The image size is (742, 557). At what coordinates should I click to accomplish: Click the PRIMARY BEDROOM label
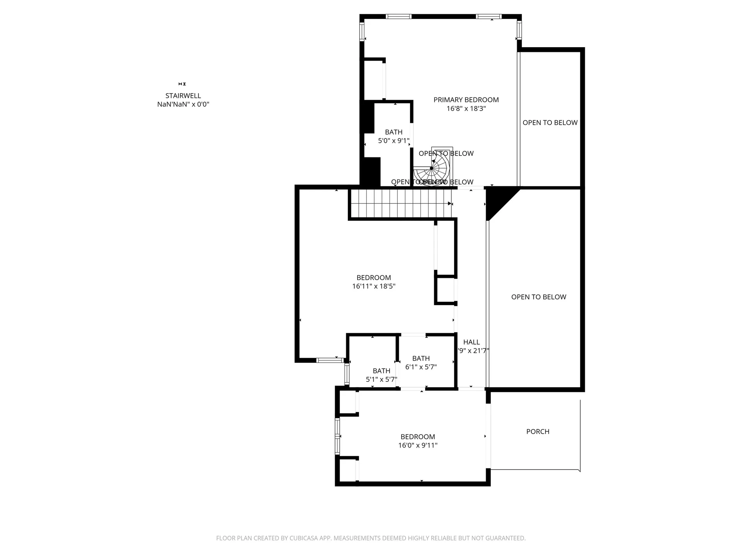point(466,100)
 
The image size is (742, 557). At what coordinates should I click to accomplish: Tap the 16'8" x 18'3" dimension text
point(466,109)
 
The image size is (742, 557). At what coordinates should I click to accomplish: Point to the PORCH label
point(538,431)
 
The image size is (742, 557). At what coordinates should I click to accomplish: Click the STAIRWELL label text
point(183,96)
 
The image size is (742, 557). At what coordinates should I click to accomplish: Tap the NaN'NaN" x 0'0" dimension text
point(183,104)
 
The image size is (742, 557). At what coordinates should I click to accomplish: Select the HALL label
point(471,342)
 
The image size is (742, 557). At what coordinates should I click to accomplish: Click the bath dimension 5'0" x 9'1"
point(393,141)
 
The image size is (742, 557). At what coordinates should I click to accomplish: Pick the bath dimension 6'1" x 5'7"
point(421,367)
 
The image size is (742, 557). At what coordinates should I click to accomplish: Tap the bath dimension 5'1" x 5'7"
point(381,379)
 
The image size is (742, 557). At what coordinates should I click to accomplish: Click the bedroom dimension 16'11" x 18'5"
point(373,286)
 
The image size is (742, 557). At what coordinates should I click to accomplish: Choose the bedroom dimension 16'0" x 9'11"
point(417,445)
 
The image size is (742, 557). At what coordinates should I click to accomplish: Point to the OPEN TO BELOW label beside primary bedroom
point(550,123)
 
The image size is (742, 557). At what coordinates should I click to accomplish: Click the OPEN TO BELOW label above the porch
point(538,297)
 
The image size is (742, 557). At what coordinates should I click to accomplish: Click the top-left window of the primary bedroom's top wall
point(398,17)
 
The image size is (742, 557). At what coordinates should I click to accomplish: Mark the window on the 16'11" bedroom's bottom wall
point(330,360)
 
